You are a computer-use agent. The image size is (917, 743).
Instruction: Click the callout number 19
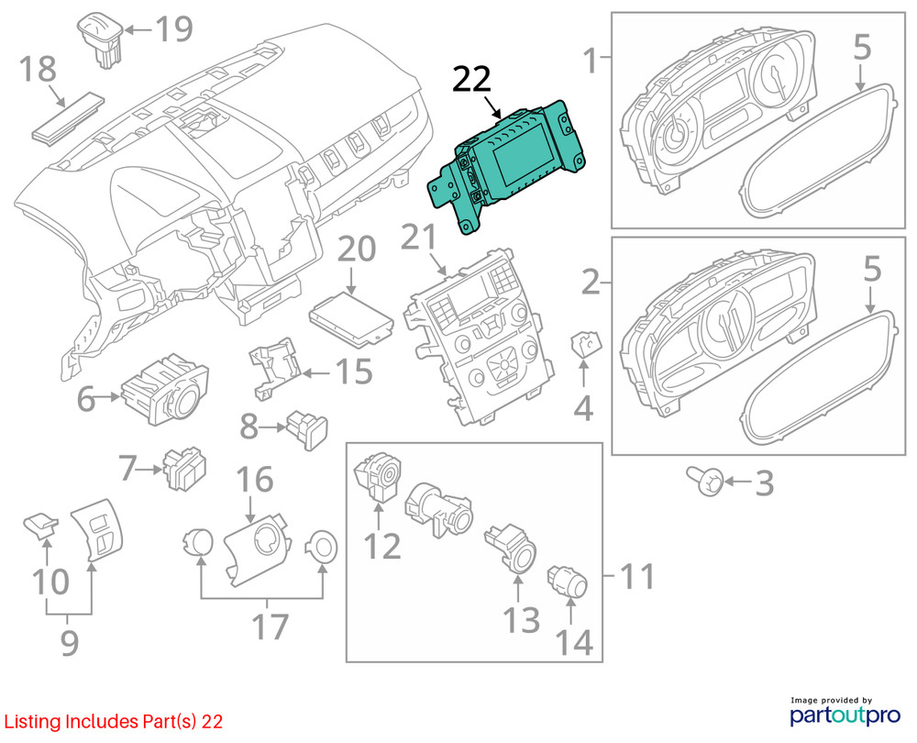(x=172, y=29)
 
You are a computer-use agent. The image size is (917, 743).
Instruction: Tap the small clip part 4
(x=584, y=346)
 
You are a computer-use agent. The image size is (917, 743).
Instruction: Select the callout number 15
(x=351, y=372)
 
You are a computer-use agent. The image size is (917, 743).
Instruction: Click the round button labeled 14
(x=563, y=581)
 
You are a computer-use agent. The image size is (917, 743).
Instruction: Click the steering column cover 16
(x=258, y=548)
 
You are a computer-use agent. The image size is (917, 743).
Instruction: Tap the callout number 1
(x=592, y=61)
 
